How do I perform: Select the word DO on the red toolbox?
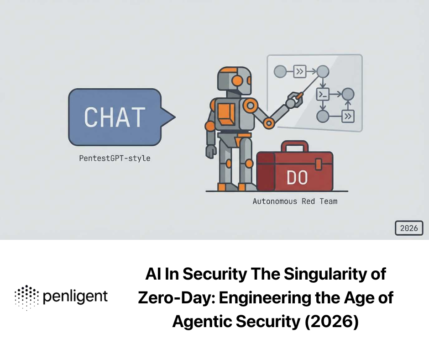tap(297, 178)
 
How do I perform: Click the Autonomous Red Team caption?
tap(295, 201)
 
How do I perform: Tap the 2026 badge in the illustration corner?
tap(408, 228)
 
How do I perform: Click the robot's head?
tap(234, 81)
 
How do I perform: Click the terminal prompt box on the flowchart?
tap(323, 95)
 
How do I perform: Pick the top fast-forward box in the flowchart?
tap(300, 71)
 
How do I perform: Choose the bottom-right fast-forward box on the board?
tap(348, 116)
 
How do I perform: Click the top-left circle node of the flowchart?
tap(279, 71)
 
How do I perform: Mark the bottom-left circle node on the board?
tap(323, 116)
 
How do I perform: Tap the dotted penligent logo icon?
tap(27, 297)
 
